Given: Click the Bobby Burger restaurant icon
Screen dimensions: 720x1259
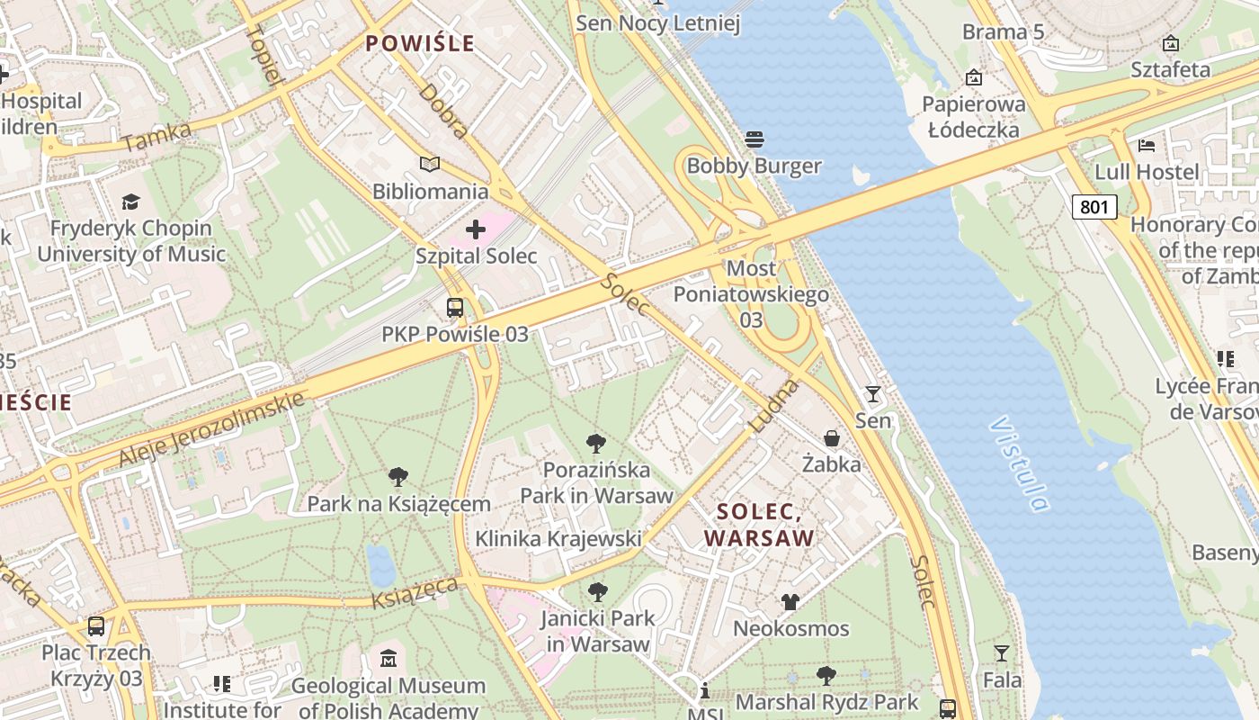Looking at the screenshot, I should tap(754, 139).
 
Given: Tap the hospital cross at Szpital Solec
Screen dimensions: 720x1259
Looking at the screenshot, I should tap(476, 229).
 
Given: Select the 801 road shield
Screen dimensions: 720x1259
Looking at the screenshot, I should tap(1094, 207).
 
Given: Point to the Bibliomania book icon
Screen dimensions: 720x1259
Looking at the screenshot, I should tap(430, 165).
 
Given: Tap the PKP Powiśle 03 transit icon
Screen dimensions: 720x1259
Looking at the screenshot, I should tap(455, 308).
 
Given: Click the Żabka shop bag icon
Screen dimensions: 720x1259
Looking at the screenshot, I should tap(832, 438).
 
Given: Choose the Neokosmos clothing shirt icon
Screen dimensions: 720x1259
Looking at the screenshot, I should tap(790, 601).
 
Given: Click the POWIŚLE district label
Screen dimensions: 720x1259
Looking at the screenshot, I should tap(419, 43).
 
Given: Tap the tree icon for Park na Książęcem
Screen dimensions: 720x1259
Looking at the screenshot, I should tap(398, 477).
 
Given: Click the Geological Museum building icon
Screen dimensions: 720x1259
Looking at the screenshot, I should tap(388, 659).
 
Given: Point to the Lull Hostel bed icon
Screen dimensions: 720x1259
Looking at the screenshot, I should tap(1146, 145).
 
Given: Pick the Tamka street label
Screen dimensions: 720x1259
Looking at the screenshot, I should tap(156, 136).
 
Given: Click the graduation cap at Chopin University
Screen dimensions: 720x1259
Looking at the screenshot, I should tap(131, 202).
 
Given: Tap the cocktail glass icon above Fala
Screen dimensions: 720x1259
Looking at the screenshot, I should tap(1001, 652).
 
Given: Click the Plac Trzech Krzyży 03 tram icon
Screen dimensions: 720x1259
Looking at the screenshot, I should tap(96, 625).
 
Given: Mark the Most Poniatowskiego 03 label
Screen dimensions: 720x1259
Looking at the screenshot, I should tap(751, 294).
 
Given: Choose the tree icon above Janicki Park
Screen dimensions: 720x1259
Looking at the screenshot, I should tap(597, 591).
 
